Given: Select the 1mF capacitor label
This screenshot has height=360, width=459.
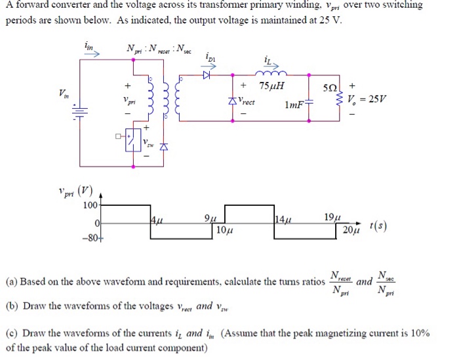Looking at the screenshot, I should point(294,105).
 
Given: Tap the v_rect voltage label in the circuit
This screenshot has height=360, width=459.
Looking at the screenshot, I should point(247,102).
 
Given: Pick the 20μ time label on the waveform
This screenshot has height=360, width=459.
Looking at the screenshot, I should point(351,231).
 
